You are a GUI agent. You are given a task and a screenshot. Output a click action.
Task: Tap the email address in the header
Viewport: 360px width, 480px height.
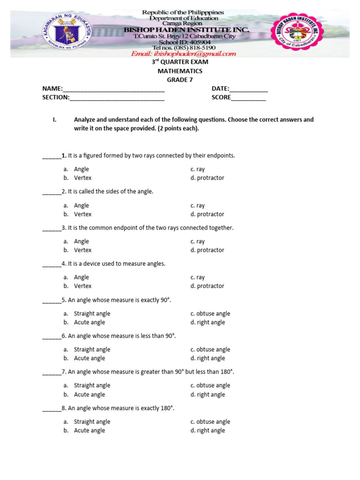pos(183,54)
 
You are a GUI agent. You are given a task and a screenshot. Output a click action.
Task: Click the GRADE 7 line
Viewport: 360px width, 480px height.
pos(180,80)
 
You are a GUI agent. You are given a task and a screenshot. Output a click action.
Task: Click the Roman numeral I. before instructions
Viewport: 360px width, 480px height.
pos(55,120)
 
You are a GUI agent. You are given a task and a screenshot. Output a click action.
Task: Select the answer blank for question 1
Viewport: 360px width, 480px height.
pos(52,156)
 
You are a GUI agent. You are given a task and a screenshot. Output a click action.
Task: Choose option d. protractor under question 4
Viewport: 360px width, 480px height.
pos(207,286)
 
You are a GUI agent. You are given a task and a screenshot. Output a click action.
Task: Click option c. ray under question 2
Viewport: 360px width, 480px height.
pos(197,205)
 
